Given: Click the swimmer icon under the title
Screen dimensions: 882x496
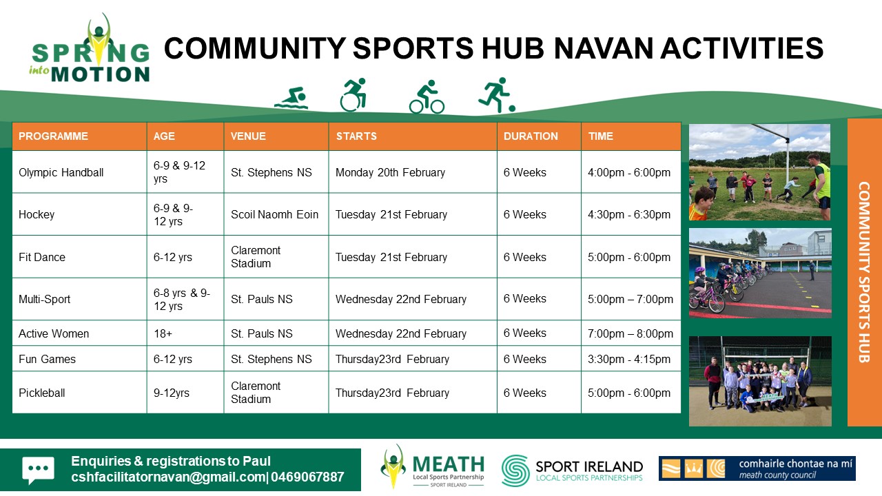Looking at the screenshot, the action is click(291, 99).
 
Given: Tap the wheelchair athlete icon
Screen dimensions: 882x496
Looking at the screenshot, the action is click(353, 95).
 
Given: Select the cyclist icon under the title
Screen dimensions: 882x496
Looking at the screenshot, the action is click(427, 97).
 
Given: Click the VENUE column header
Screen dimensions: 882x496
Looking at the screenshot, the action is click(248, 136).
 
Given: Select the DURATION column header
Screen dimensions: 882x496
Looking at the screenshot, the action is click(531, 136).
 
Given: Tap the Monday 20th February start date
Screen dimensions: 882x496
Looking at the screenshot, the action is click(390, 172).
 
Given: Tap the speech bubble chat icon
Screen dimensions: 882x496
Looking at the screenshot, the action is click(38, 470).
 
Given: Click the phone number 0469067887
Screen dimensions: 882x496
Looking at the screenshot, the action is click(307, 477).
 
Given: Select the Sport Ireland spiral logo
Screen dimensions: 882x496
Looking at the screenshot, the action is click(515, 471).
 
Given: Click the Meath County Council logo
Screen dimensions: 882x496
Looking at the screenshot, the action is click(757, 468).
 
